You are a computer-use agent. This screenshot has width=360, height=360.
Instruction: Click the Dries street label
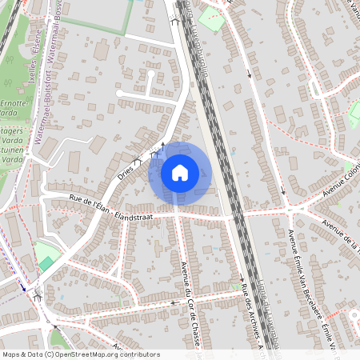point(126,170)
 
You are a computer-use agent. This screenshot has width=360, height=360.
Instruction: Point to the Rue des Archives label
point(249,312)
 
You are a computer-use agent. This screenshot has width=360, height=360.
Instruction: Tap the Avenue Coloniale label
point(337,191)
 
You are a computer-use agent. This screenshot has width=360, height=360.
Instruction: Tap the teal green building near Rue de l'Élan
point(46,263)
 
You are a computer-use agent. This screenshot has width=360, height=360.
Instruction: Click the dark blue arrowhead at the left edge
point(23,288)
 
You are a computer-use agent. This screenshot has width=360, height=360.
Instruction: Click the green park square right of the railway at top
point(212,16)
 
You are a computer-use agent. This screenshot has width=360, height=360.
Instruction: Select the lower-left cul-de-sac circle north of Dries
point(119,93)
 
